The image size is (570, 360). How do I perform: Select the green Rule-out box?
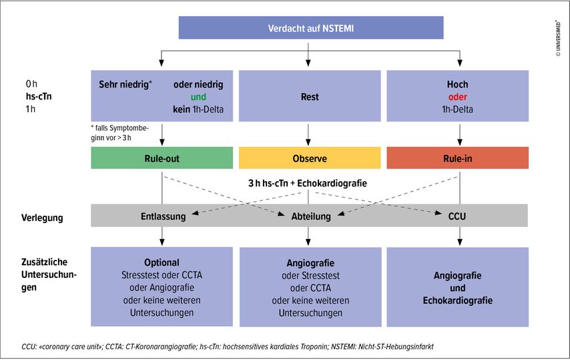tap(162, 158)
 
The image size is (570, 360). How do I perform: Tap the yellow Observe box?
tap(310, 158)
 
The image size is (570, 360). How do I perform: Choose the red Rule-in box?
tap(457, 158)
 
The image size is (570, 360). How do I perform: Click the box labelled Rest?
tap(310, 97)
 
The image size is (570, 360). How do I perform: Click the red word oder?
tap(457, 96)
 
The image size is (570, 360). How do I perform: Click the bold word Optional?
tap(162, 262)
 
